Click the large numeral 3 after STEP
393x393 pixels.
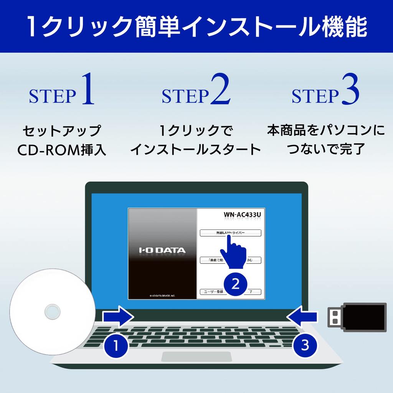(349, 91)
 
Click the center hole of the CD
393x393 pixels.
(51, 312)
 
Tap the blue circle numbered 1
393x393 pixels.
(116, 346)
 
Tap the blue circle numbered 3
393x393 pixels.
(305, 345)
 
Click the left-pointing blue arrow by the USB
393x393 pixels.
(302, 317)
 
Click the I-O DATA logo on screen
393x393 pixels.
(162, 251)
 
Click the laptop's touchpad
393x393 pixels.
(196, 357)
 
